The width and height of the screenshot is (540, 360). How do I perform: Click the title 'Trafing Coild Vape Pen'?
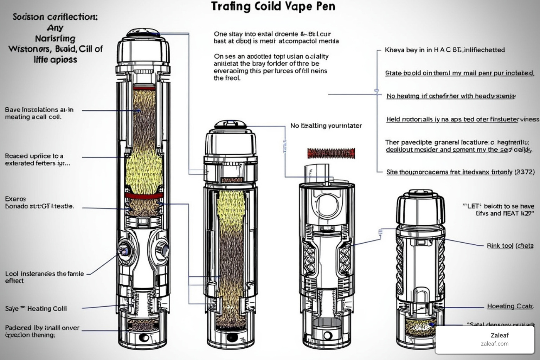273,7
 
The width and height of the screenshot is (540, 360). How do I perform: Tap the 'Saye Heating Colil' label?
36,309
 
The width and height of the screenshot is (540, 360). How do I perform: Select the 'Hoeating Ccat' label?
510,306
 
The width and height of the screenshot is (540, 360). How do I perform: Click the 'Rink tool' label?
510,246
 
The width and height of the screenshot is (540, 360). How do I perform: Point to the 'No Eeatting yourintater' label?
326,126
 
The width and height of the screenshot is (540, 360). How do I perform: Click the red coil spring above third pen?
331,153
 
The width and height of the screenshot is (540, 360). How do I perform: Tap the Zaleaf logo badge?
485,339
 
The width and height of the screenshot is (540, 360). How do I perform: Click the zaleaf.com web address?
495,344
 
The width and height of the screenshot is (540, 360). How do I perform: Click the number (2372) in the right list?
524,172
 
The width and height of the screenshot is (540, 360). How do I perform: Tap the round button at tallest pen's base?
144,338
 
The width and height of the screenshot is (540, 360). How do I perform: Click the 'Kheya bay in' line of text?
444,50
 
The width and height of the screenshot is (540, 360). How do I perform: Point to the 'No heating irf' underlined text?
451,96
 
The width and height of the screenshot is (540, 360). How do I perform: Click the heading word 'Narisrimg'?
55,38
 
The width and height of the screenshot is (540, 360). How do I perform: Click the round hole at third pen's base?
328,335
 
